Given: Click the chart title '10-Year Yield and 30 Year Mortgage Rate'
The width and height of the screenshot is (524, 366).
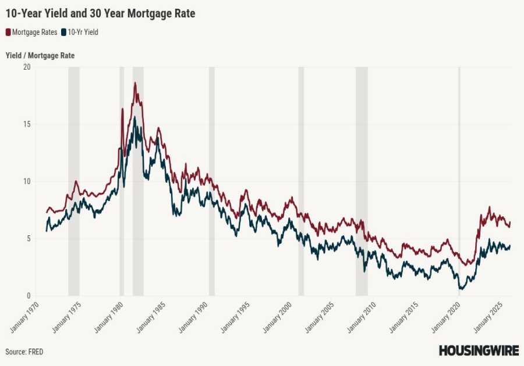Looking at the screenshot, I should [x=100, y=13].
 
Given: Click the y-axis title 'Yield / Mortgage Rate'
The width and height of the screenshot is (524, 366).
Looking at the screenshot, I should [x=40, y=56].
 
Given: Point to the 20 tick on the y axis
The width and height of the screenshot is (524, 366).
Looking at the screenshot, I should [x=26, y=67].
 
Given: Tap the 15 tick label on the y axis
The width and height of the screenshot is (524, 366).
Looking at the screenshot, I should [x=26, y=124].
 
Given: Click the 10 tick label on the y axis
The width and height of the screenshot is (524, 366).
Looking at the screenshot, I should [x=26, y=181].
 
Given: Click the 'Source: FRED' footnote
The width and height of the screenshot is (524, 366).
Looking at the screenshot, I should [x=24, y=352].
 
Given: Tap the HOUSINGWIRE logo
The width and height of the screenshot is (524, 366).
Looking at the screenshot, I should [x=479, y=351].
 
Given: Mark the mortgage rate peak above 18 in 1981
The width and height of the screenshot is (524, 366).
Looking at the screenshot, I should [x=135, y=83].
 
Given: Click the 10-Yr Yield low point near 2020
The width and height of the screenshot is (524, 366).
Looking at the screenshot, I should [x=461, y=288].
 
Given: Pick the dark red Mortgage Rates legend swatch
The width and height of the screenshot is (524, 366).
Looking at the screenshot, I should [x=8, y=33].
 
